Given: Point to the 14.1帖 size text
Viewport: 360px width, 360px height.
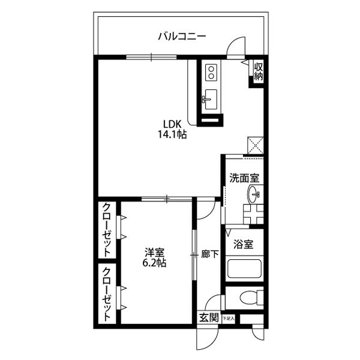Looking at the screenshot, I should [172, 136].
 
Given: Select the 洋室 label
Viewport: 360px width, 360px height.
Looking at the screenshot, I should [154, 252].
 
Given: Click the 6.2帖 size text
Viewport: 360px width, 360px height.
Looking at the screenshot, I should [154, 263].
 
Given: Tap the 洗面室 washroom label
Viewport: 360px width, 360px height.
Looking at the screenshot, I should [244, 178].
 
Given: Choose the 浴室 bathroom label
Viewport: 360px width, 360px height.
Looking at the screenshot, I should [244, 245].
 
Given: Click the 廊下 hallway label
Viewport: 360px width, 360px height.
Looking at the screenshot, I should [210, 253].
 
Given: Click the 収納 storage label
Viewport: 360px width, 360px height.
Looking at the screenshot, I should [258, 71].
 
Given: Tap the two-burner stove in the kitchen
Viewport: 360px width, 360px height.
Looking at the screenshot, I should [211, 73].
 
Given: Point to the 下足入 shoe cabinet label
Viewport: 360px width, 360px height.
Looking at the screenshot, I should [229, 318].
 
